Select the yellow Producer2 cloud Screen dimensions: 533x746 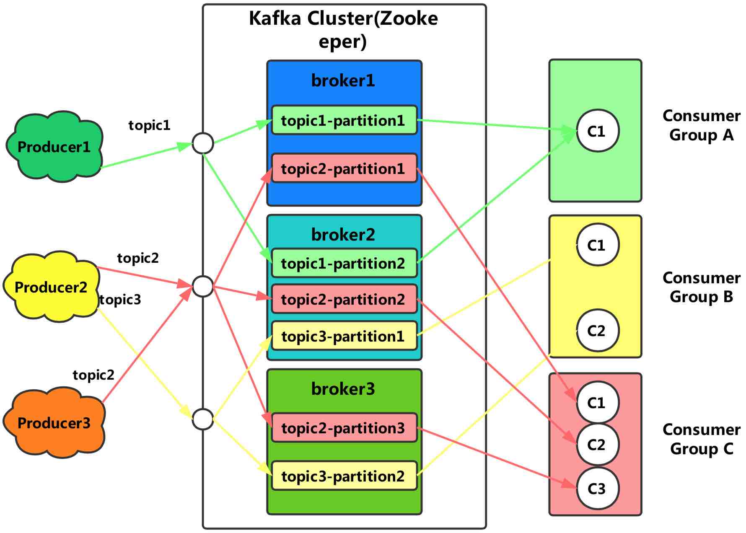51,287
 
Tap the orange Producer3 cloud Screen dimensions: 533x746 54,423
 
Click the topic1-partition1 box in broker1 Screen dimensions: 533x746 344,120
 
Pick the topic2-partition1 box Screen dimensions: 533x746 344,168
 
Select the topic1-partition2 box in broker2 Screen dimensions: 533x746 344,263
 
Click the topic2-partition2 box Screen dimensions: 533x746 344,299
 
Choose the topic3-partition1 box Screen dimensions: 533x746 344,336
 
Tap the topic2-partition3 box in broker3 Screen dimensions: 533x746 344,428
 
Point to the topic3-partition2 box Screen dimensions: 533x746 344,476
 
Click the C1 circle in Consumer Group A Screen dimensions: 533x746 597,131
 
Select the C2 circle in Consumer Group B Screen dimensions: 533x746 597,331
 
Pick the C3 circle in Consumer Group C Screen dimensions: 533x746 597,489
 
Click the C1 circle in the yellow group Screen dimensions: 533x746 597,245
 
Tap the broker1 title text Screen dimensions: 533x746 343,80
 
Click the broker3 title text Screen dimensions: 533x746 343,389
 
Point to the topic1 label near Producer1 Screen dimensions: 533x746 150,125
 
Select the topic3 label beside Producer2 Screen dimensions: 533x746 121,300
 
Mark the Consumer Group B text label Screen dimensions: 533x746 701,287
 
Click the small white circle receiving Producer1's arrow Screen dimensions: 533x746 203,143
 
